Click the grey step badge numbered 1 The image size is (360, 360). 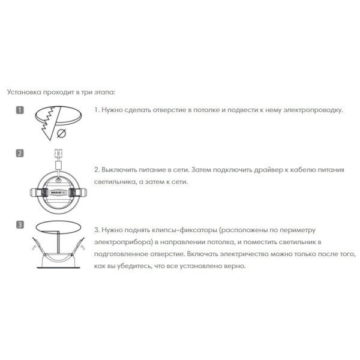coord(20,110)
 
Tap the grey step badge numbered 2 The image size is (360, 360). coord(20,153)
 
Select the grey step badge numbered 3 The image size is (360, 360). coord(20,225)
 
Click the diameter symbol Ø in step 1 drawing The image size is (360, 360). coord(62,133)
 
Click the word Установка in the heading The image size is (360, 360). coord(22,92)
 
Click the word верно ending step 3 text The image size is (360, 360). coord(235,264)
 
